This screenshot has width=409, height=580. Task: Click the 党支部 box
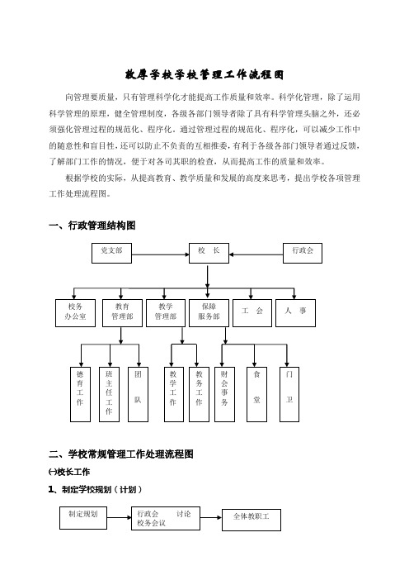(111, 253)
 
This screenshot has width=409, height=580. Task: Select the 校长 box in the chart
(209, 253)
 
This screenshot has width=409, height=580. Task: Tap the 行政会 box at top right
(303, 253)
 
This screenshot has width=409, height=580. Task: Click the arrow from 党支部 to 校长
(160, 254)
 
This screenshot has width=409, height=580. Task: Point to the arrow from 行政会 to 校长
(256, 254)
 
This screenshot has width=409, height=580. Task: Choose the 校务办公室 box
(75, 313)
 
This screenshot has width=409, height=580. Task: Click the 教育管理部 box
(122, 313)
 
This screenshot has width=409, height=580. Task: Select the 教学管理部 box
(166, 313)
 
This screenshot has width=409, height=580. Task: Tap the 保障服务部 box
(209, 313)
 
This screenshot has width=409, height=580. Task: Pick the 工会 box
(252, 313)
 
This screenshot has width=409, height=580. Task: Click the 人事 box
(296, 313)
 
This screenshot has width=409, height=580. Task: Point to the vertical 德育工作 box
(80, 394)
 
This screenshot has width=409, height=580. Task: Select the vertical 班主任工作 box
(110, 394)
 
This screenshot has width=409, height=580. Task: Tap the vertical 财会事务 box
(224, 394)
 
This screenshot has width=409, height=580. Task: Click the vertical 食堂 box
(257, 394)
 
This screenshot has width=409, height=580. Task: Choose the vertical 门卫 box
(289, 394)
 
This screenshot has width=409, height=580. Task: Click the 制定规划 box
(83, 518)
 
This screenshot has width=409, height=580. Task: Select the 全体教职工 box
(252, 520)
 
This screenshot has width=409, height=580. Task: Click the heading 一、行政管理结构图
(92, 226)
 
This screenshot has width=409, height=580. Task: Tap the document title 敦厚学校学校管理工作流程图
(204, 74)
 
